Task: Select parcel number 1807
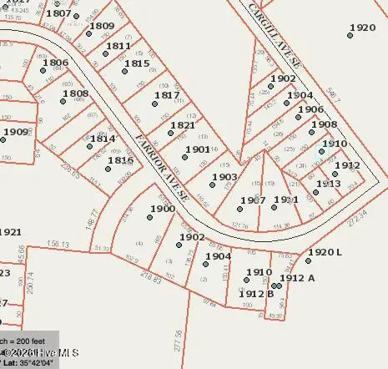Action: (x=58, y=13)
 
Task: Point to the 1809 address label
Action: (x=102, y=26)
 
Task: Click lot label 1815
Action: (x=137, y=63)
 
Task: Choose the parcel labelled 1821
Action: (x=182, y=126)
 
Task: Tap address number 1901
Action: (x=198, y=149)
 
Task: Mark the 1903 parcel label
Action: (x=224, y=177)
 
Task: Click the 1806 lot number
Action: (x=55, y=63)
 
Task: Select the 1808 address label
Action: (x=75, y=94)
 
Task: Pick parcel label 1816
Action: (x=120, y=160)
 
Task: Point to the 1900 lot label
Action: (x=162, y=209)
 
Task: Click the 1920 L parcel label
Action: (x=325, y=252)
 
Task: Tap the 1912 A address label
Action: (x=297, y=278)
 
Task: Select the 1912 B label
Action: (x=256, y=293)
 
